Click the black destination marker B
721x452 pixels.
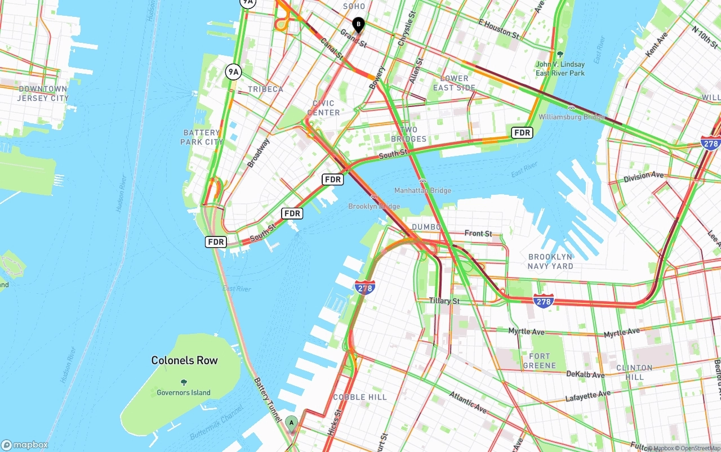[358, 25]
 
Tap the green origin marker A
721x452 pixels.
[291, 423]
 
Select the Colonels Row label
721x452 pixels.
[184, 360]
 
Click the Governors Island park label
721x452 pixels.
[184, 392]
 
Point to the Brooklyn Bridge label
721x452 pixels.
[374, 207]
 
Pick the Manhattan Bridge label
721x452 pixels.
[422, 191]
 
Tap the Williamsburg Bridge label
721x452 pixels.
[572, 117]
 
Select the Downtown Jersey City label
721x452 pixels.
[43, 93]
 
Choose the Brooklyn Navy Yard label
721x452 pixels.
[550, 261]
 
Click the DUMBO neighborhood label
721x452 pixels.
[426, 227]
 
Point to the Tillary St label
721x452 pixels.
[444, 301]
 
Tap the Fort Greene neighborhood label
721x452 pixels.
[539, 360]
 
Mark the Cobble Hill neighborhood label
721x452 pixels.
[360, 397]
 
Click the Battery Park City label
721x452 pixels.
[202, 137]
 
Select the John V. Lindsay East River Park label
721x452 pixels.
[560, 69]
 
